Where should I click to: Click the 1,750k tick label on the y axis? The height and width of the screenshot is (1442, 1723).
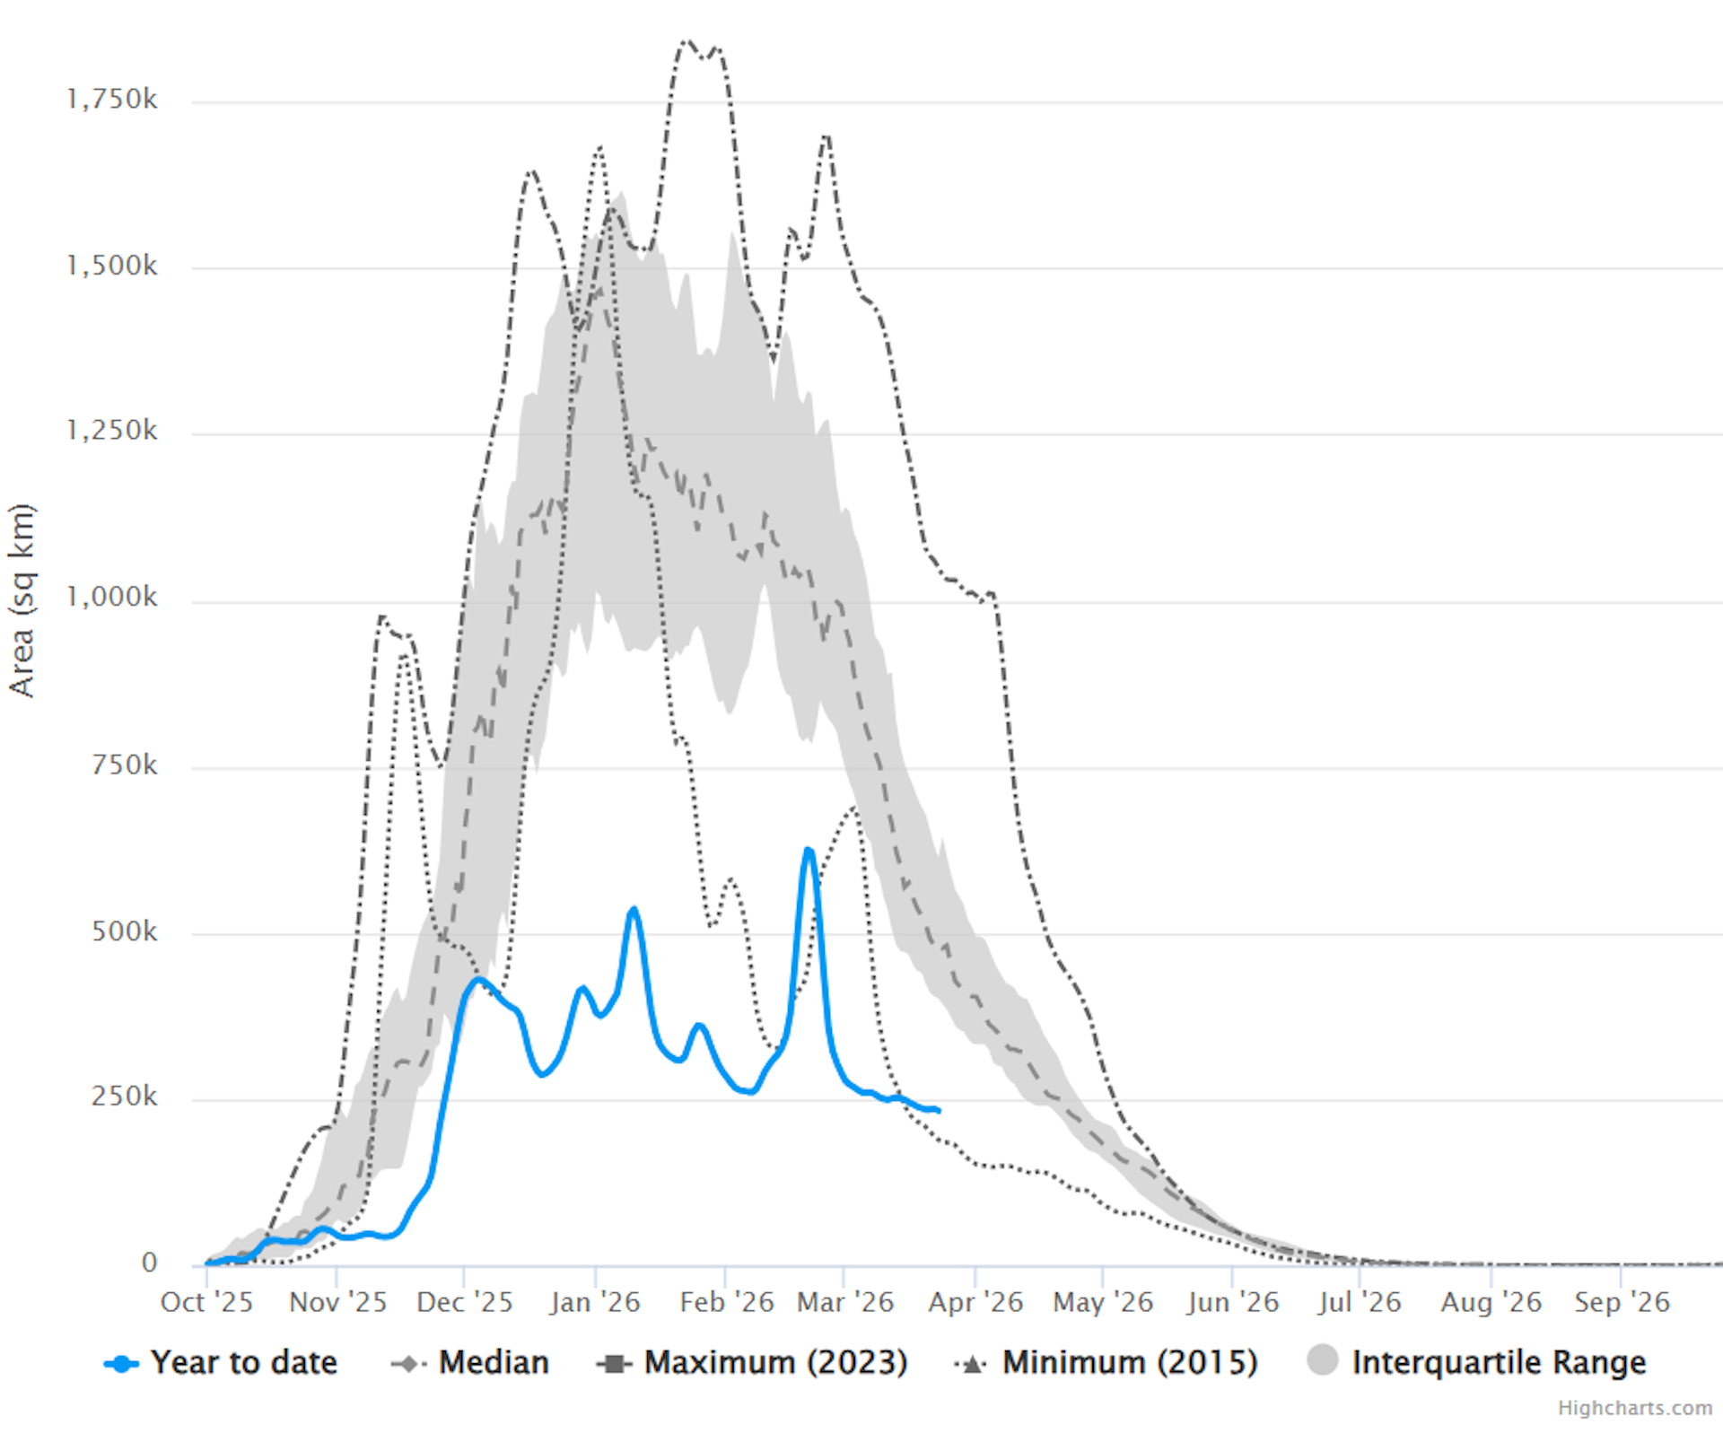coord(112,99)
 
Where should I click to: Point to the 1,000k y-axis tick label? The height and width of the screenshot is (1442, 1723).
coord(112,597)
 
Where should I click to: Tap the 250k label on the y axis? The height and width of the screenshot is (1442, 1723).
coord(124,1097)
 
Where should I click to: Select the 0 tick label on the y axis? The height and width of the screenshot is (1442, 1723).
coord(149,1263)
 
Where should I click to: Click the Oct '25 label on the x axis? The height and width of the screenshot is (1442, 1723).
coord(206,1302)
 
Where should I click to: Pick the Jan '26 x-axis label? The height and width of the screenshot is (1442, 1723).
coord(595,1302)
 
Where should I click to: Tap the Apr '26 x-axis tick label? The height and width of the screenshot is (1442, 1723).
coord(975,1302)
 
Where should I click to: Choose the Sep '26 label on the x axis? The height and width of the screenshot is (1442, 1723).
coord(1622,1302)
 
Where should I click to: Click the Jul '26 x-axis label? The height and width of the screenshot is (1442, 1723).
coord(1360,1302)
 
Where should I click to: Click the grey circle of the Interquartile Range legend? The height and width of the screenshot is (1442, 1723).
coord(1323,1360)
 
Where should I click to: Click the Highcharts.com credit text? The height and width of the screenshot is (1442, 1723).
coord(1634,1408)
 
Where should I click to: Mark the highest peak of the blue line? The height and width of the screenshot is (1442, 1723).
coord(809,849)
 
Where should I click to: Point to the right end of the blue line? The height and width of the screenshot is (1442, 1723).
coord(938,1111)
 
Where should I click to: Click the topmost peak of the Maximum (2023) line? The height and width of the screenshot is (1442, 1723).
coord(687,41)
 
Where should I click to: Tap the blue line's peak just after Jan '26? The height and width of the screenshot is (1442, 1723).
coord(634,909)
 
